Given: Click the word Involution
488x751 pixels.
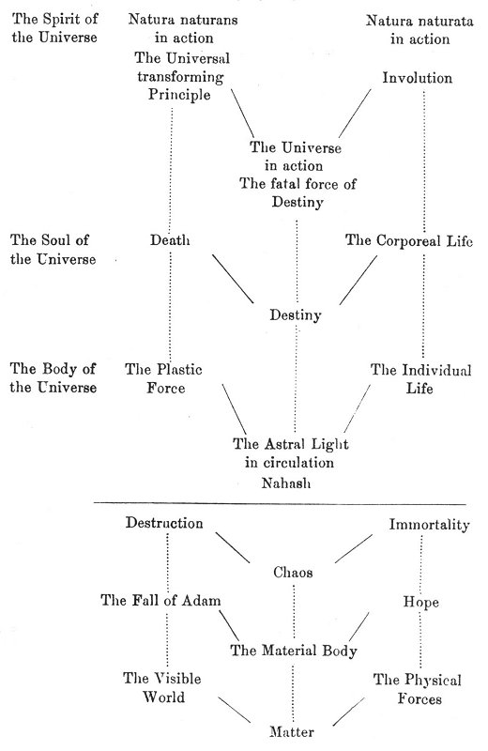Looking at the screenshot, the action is click(417, 78).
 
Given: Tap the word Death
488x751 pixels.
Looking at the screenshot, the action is click(170, 240).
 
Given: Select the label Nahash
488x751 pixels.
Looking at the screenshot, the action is click(286, 483).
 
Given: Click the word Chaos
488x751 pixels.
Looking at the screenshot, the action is click(293, 572).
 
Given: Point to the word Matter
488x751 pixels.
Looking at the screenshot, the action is click(292, 731).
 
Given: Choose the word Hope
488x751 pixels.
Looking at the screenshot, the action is click(421, 602).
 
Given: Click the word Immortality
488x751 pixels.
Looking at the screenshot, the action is click(429, 525).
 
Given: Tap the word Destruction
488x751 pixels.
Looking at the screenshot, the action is click(164, 523).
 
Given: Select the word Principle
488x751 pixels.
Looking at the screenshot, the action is click(179, 95).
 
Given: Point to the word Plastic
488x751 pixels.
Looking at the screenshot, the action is click(179, 369).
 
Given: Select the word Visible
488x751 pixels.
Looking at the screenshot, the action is click(176, 678).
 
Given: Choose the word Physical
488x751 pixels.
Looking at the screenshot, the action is click(433, 680).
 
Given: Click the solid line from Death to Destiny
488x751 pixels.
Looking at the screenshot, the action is click(234, 279).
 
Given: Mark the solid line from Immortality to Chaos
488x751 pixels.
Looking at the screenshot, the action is click(354, 549).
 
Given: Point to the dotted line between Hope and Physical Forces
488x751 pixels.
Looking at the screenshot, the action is click(421, 640).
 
